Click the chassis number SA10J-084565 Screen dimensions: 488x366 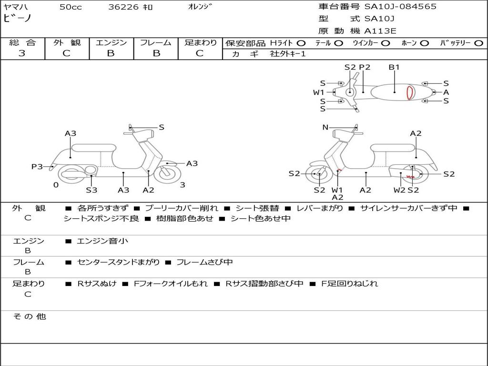pos(400,7)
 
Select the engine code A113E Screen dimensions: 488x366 pos(380,31)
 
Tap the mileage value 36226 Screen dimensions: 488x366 pos(123,7)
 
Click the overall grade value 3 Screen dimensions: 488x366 pos(22,53)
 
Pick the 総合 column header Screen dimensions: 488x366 pos(22,42)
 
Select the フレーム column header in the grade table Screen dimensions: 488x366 pos(155,42)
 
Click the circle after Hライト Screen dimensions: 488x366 pos(301,43)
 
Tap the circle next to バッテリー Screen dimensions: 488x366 pos(478,43)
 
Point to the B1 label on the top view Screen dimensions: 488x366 pos(394,67)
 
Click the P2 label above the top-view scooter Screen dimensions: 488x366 pos(365,67)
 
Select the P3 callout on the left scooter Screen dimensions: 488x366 pos(37,167)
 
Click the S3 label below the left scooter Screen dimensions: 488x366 pos(91,190)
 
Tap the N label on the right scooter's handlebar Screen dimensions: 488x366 pos(325,127)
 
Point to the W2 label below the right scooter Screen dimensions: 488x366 pos(399,190)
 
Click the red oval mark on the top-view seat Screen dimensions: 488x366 pos(409,92)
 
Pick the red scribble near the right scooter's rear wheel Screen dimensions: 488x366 pos(410,177)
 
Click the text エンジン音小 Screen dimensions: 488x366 pos(102,241)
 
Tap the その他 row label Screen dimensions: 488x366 pos(29,316)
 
